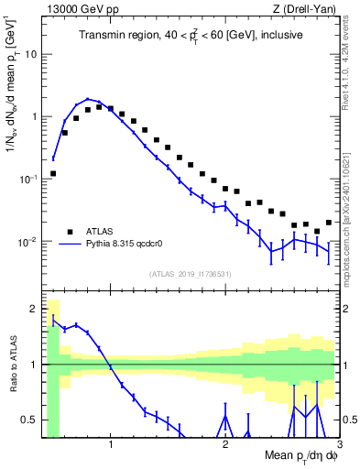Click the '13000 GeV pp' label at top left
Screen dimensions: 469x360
point(72,9)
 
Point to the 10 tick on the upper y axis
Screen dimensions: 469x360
point(30,53)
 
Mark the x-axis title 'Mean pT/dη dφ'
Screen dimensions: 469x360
point(294,456)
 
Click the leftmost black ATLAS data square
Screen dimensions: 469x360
point(53,173)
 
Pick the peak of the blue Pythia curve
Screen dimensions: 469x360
point(88,99)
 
